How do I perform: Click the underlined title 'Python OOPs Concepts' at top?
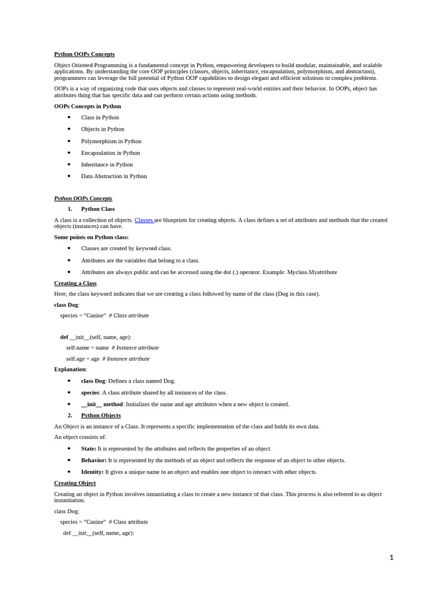coord(85,54)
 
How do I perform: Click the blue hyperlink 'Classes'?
coord(144,220)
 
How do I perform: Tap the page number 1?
coord(391,557)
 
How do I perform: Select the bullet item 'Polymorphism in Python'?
coord(111,141)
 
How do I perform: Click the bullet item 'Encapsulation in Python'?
coord(110,153)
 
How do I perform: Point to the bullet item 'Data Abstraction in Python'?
coord(114,176)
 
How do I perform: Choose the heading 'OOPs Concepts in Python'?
coord(87,106)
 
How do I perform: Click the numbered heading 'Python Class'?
coord(98,209)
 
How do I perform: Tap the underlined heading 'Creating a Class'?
coord(75,283)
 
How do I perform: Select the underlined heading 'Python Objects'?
coord(101,415)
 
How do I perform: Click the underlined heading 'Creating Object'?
coord(75,483)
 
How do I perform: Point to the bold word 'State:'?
coord(89,448)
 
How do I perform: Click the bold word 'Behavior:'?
coord(93,460)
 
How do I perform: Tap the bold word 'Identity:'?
coord(92,472)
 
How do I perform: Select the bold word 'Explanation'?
coord(70,369)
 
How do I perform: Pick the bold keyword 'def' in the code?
coord(64,337)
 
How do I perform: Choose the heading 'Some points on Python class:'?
coord(92,237)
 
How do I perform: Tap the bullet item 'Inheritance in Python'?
coord(107,164)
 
